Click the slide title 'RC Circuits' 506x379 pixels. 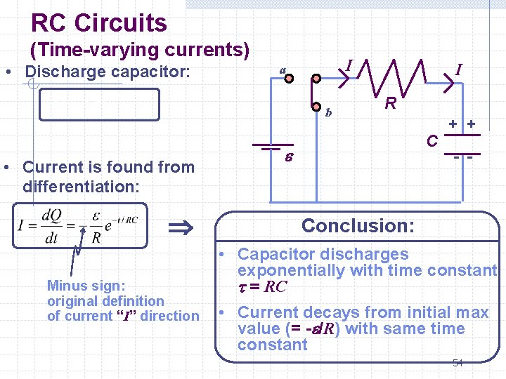[x=99, y=23]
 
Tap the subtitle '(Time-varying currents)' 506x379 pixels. [x=139, y=50]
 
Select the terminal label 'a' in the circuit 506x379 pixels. [x=282, y=70]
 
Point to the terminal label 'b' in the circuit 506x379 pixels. [x=328, y=112]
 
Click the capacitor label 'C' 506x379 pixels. [x=434, y=141]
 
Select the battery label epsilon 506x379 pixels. [x=288, y=159]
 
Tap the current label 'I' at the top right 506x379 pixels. [x=458, y=69]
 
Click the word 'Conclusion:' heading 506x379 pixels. [x=358, y=226]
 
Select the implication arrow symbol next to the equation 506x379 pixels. [x=182, y=227]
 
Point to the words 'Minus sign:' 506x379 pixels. [x=86, y=286]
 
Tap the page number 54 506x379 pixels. [x=458, y=363]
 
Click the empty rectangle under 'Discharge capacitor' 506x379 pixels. [x=99, y=105]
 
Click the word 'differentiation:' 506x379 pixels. [x=81, y=187]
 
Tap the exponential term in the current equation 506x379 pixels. [x=119, y=224]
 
